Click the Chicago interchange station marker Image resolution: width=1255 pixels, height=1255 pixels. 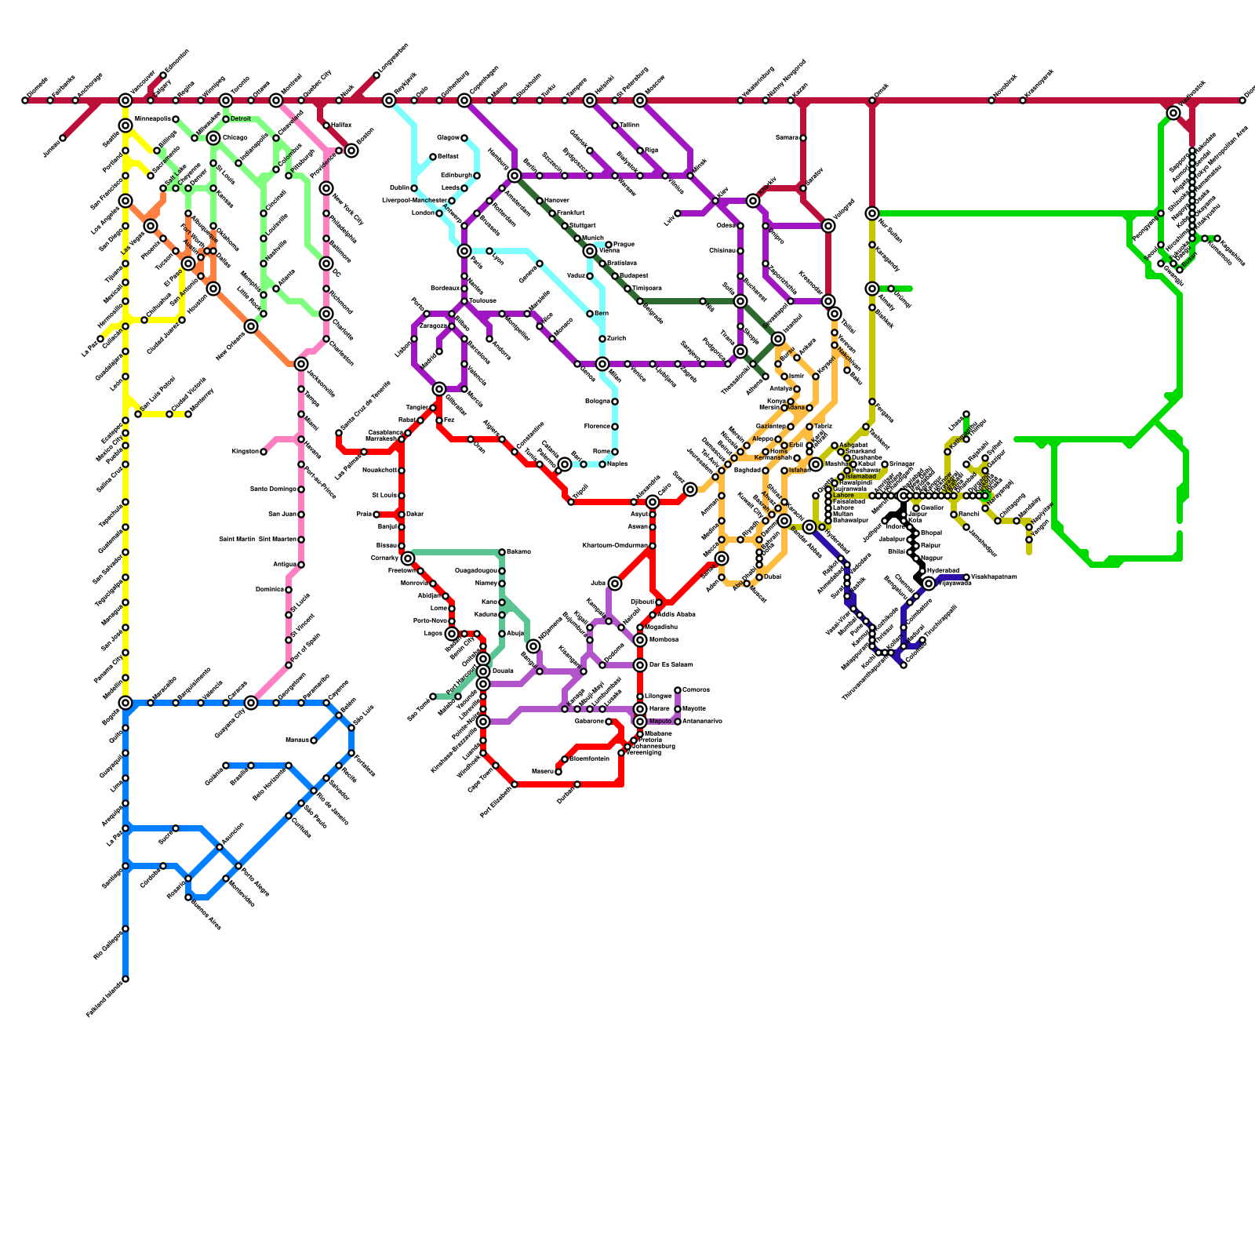pyautogui.click(x=213, y=138)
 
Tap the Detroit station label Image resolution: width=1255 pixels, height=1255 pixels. pyautogui.click(x=241, y=119)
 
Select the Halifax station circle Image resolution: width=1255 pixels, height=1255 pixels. pyautogui.click(x=326, y=125)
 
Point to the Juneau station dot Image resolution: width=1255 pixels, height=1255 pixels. pyautogui.click(x=63, y=138)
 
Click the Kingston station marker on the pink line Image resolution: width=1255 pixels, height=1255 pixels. pyautogui.click(x=264, y=452)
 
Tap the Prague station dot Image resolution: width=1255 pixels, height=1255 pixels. pyautogui.click(x=609, y=245)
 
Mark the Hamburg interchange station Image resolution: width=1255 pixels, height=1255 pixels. pyautogui.click(x=515, y=176)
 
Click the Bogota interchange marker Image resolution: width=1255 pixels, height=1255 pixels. pyautogui.click(x=125, y=703)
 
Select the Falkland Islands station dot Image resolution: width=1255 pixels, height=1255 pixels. pyautogui.click(x=125, y=979)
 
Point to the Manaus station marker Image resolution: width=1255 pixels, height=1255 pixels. pyautogui.click(x=314, y=740)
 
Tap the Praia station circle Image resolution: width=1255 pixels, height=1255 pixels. pyautogui.click(x=376, y=515)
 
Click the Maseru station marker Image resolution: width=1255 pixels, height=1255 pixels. pyautogui.click(x=558, y=772)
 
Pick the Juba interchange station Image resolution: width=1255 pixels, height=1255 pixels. pyautogui.click(x=615, y=584)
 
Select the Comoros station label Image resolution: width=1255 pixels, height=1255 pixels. pyautogui.click(x=696, y=690)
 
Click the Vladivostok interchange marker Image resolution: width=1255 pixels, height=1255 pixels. pyautogui.click(x=1173, y=113)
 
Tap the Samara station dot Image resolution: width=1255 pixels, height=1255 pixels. pyautogui.click(x=803, y=138)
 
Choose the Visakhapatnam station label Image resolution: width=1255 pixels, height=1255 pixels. pyautogui.click(x=994, y=577)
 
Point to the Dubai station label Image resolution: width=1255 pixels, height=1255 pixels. pyautogui.click(x=772, y=577)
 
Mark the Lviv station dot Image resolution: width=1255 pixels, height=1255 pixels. pyautogui.click(x=678, y=213)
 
